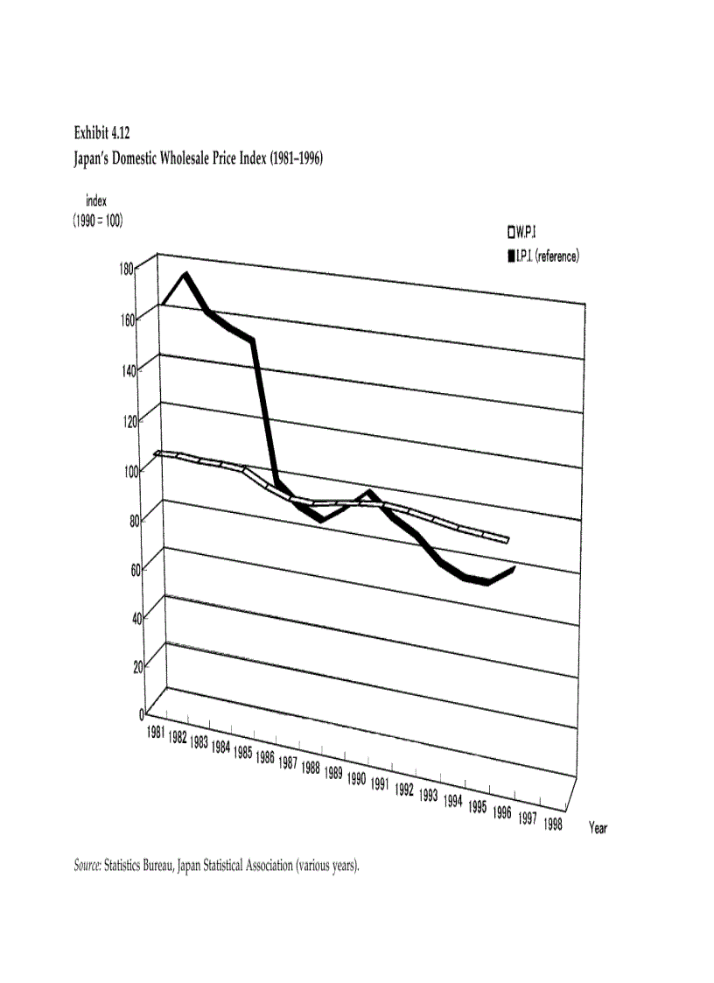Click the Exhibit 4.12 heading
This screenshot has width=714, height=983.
[x=101, y=133]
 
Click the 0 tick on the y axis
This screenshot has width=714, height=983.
[x=141, y=713]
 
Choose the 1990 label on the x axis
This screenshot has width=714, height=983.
[x=355, y=778]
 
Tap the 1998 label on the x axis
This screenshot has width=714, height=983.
[x=552, y=824]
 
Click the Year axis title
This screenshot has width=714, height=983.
[x=598, y=828]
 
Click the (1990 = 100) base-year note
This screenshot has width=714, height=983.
[x=97, y=221]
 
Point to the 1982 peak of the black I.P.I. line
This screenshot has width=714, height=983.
[x=185, y=275]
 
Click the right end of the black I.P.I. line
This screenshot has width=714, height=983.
[x=514, y=568]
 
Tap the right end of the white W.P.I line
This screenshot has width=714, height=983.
[x=507, y=540]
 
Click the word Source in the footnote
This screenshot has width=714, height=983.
[x=87, y=867]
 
